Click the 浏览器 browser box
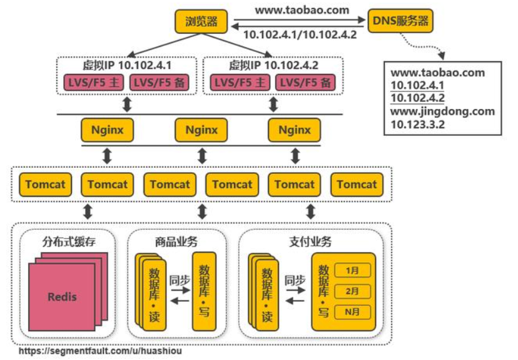201,22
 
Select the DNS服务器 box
400,21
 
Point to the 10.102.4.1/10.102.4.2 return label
300,35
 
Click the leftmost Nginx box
107,130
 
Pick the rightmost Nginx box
294,130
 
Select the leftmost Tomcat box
45,184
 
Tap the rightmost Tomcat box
357,184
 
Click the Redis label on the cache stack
62,296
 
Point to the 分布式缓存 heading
69,241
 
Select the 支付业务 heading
310,241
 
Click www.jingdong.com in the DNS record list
442,111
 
